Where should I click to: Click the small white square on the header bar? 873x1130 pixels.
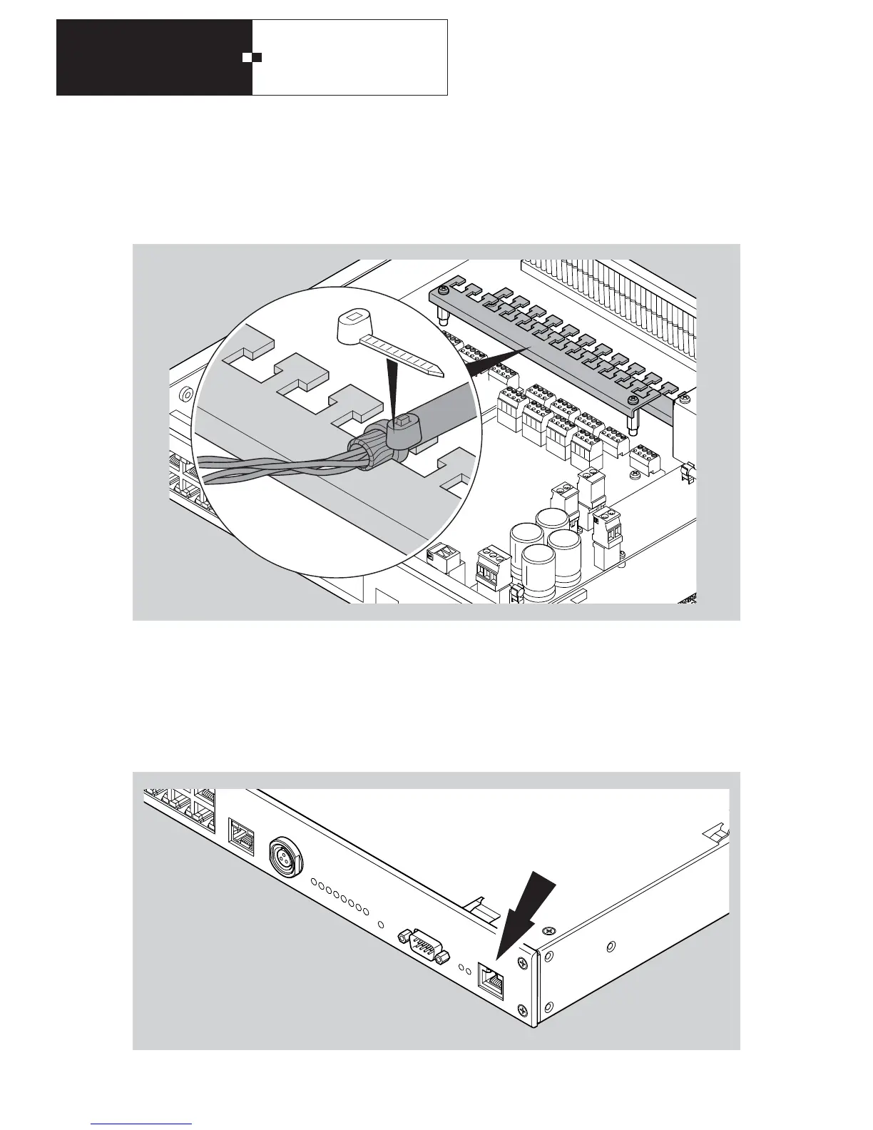point(247,57)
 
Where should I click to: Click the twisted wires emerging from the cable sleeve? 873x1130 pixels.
point(271,467)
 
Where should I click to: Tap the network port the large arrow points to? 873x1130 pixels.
point(491,983)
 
